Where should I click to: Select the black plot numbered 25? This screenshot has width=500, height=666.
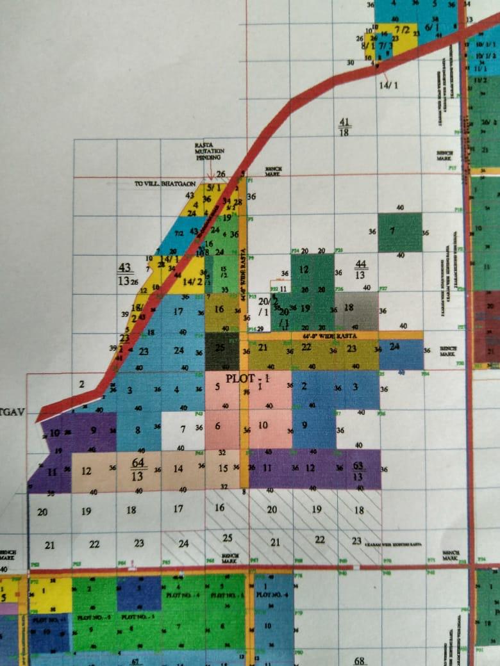[221, 349]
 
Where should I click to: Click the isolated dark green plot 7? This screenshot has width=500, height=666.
[399, 231]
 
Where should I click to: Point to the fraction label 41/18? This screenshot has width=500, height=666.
[345, 127]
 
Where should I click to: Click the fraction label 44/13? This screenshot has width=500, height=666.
[360, 269]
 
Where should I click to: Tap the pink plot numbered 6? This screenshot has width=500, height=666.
[218, 426]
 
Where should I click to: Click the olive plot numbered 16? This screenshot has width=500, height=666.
[219, 310]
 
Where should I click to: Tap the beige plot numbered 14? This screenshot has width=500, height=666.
[178, 469]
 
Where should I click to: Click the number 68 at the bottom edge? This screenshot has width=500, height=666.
[359, 660]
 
